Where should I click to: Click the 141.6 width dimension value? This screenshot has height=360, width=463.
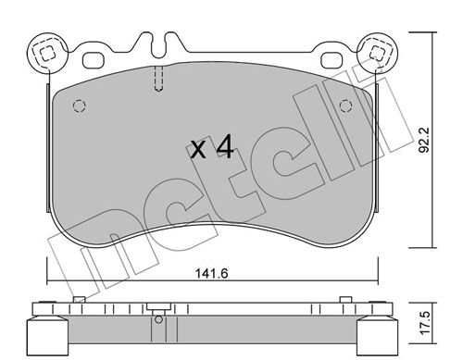[x=212, y=273]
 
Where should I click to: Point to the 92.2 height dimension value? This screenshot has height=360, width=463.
[x=425, y=141]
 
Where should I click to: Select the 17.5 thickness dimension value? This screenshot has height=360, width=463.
[x=425, y=322]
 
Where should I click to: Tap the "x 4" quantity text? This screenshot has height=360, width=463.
[x=212, y=148]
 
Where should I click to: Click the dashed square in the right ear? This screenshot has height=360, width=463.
[x=377, y=53]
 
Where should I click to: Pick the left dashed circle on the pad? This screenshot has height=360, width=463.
[x=79, y=106]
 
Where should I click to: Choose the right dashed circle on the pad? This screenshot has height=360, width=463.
[x=345, y=106]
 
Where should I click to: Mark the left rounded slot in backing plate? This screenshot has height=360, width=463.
[x=94, y=59]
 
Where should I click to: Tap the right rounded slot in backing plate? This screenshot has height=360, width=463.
[x=332, y=59]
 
